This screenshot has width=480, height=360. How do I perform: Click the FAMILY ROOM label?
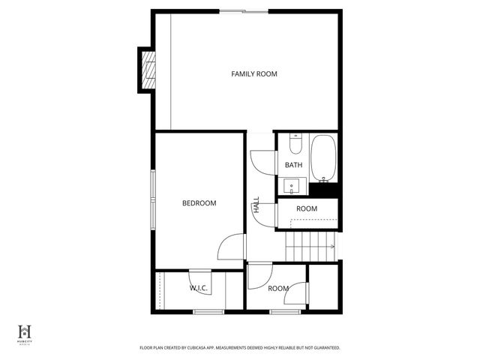click(x=254, y=73)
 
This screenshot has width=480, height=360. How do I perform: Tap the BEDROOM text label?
click(x=199, y=203)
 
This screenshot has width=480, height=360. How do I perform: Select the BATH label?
click(x=293, y=165)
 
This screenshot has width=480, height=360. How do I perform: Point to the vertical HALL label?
click(x=256, y=205)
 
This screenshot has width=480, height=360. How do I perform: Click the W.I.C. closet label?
click(x=199, y=288)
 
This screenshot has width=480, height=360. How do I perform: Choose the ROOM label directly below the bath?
click(x=307, y=208)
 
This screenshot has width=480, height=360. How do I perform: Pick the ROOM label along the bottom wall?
click(x=278, y=288)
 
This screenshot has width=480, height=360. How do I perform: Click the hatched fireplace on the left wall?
click(x=148, y=70)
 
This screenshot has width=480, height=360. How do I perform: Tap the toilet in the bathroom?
click(x=295, y=143)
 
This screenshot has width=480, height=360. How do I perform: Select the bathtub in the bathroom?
click(x=325, y=158)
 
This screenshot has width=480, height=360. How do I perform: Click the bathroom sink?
click(x=291, y=185)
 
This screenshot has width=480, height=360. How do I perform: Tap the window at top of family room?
click(x=242, y=10)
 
